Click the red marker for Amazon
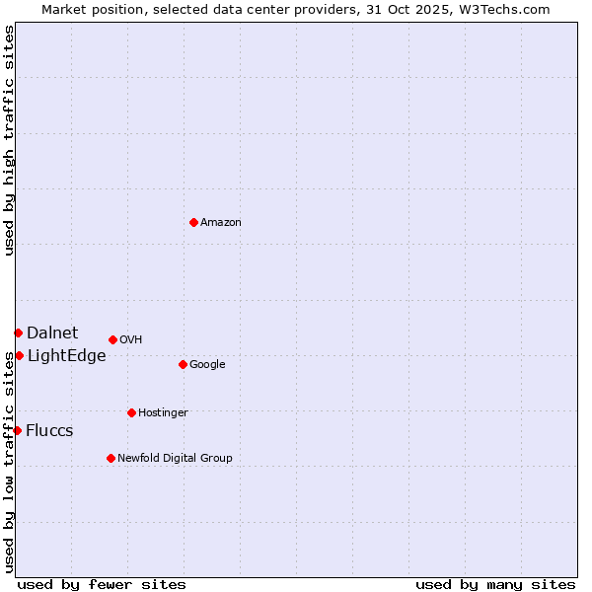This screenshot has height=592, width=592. coord(193,222)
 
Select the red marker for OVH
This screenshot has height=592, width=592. coord(112,339)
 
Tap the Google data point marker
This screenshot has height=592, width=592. coord(183,364)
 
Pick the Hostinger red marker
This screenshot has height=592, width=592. coord(131,412)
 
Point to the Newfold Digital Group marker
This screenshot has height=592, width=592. coord(111,458)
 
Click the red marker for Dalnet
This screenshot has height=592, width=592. coord(18,333)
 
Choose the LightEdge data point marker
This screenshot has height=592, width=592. coord(19,355)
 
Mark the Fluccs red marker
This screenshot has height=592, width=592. coord(17,430)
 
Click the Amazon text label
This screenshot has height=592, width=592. coord(221,223)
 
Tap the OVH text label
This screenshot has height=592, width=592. coord(131,340)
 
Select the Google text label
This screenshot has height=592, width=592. coord(207,365)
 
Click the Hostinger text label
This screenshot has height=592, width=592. coord(163,413)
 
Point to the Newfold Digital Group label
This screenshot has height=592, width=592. coord(175,459)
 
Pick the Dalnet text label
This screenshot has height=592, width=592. coord(52,333)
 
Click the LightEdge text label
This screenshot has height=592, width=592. coord(66,356)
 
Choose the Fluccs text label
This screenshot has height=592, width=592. coord(49,431)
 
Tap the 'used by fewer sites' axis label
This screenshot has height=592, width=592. coord(102,584)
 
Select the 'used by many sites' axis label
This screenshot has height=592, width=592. coord(495,584)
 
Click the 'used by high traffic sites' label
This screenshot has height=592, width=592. coord(9,141)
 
